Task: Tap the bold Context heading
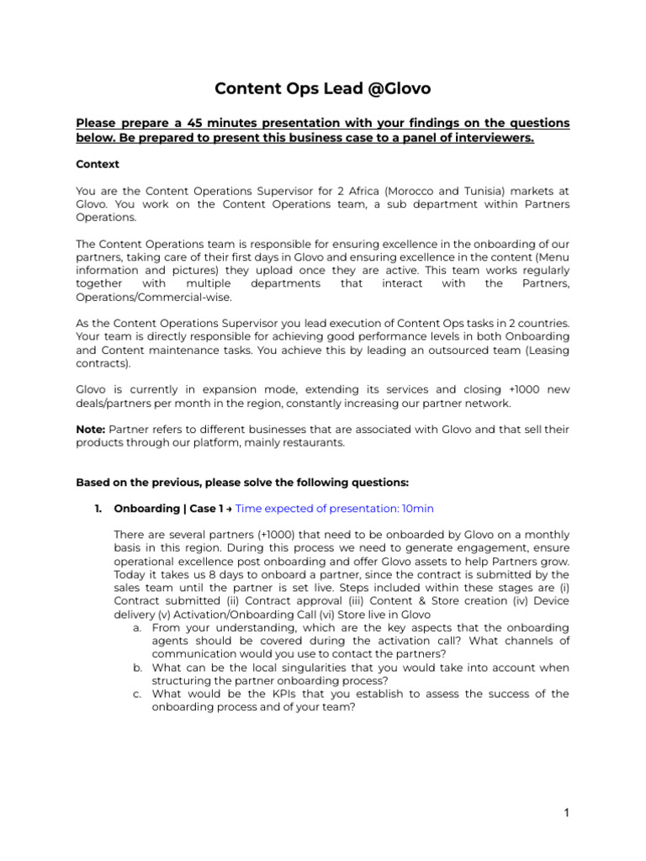98,164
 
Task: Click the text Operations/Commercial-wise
154,298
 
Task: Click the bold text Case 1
206,509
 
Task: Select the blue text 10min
417,509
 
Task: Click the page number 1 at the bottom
567,813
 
